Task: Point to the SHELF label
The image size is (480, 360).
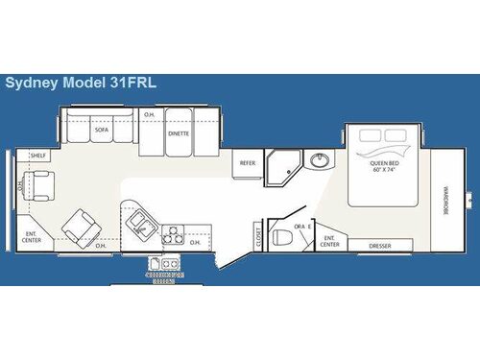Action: pos(38,155)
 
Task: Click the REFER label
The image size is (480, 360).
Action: pos(247,163)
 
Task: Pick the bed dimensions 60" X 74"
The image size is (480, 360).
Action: pos(384,170)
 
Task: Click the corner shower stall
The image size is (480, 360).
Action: pos(280,165)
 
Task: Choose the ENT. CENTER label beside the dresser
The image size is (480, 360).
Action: pos(330,240)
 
